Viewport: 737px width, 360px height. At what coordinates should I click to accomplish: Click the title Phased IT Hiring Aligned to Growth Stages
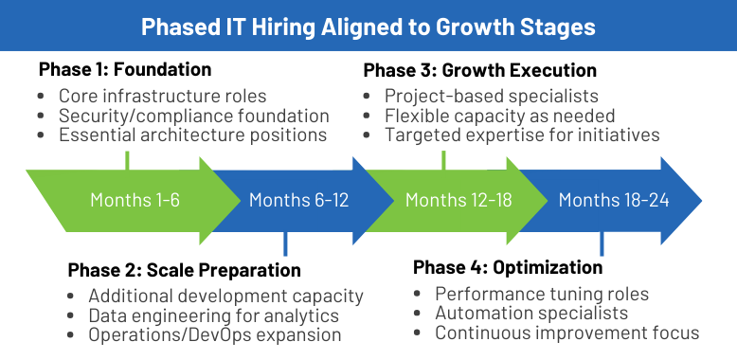pyautogui.click(x=368, y=26)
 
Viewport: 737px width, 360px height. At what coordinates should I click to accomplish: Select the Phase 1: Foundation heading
pyautogui.click(x=125, y=70)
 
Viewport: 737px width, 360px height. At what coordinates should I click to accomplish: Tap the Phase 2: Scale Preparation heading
pyautogui.click(x=185, y=271)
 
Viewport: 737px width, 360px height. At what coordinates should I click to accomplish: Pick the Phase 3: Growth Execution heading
pyautogui.click(x=480, y=70)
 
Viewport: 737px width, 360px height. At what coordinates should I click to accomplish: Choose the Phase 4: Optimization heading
pyautogui.click(x=508, y=268)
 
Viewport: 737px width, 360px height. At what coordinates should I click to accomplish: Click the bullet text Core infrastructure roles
pyautogui.click(x=163, y=96)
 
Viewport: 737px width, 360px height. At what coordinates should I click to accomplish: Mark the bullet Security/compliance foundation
pyautogui.click(x=193, y=116)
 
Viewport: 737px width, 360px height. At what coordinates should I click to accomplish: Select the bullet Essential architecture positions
pyautogui.click(x=192, y=135)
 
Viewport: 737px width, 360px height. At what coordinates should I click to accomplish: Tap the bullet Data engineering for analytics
pyautogui.click(x=213, y=316)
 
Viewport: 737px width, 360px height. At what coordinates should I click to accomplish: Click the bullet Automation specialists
pyautogui.click(x=531, y=313)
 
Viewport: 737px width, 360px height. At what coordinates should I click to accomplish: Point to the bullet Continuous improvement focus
pyautogui.click(x=566, y=333)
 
